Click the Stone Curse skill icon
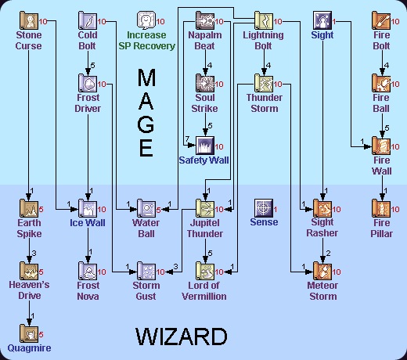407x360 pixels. click(28, 20)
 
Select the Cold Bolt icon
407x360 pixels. click(87, 20)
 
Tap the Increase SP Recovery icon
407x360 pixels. click(146, 20)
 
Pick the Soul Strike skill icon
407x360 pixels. click(204, 82)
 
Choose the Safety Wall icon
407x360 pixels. click(204, 145)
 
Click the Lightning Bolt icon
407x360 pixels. click(263, 20)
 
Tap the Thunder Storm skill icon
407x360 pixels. click(263, 82)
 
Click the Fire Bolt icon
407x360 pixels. click(380, 20)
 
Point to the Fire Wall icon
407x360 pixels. click(380, 145)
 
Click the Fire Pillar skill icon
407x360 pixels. click(380, 207)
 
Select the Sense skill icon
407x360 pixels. click(263, 207)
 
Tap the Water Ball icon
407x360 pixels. click(146, 207)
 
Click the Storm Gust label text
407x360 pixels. click(146, 291)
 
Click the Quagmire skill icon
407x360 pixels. click(28, 333)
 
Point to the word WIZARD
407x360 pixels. click(182, 337)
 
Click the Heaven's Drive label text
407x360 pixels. click(28, 291)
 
